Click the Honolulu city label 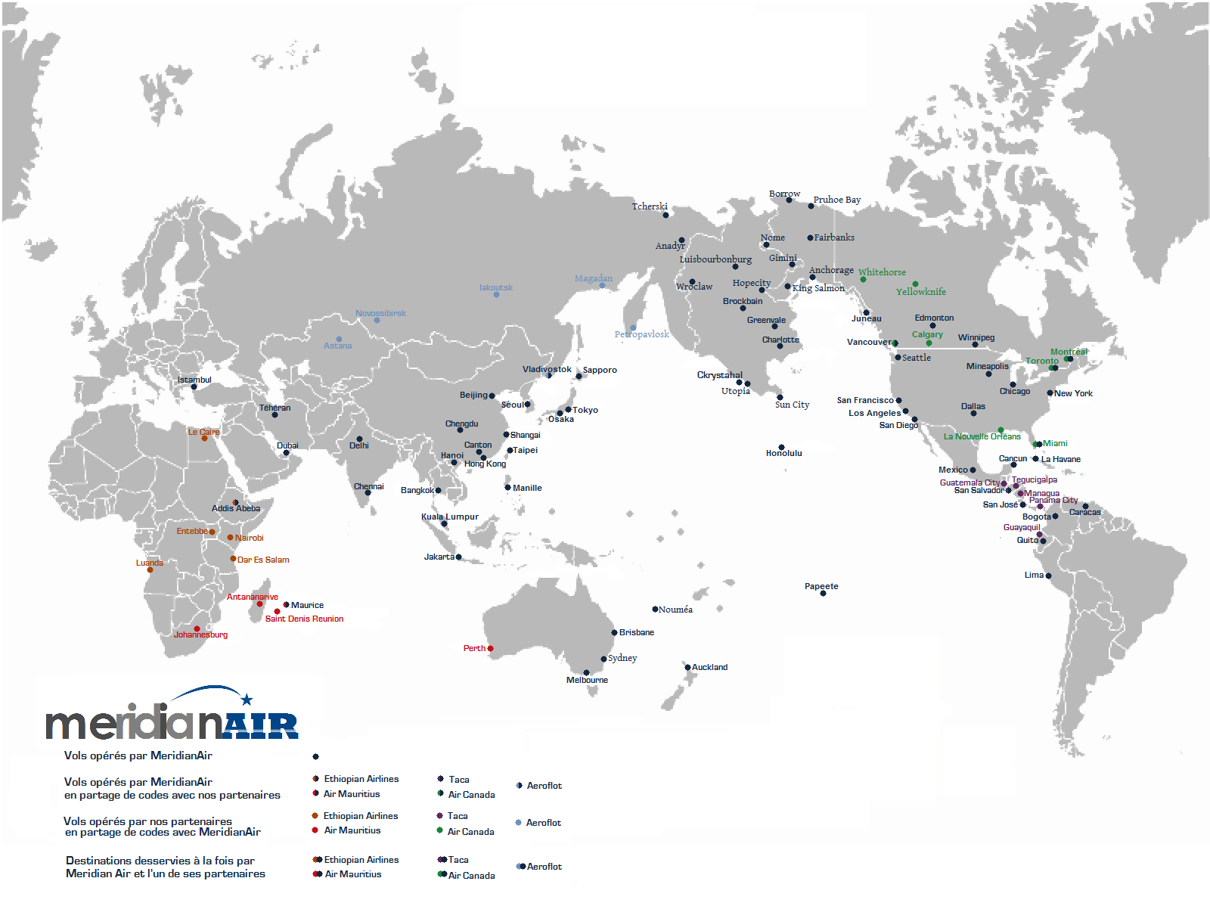783,453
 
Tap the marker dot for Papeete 823,594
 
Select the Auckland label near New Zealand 709,667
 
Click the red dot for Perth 490,648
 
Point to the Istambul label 194,380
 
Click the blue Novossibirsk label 380,313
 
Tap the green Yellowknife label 920,292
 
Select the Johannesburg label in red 200,635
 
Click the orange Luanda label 149,563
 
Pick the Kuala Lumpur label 449,517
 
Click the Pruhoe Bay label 836,200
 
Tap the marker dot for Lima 1048,576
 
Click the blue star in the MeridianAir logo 247,700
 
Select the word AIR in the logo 261,726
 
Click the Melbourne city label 587,680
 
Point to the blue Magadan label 593,278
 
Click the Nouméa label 675,610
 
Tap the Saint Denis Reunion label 304,619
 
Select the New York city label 1073,393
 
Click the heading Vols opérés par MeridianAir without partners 138,756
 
